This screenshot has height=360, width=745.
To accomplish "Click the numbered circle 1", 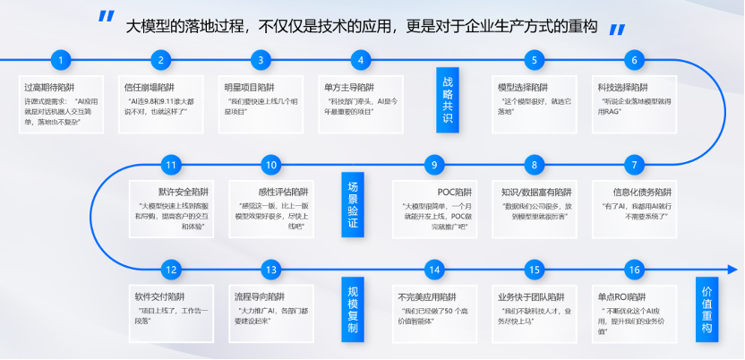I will pyautogui.click(x=61, y=61).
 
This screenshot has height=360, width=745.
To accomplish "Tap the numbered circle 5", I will pyautogui.click(x=535, y=61).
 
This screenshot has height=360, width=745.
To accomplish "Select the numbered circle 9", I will pyautogui.click(x=434, y=165).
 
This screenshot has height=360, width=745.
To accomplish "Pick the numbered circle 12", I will pyautogui.click(x=172, y=270).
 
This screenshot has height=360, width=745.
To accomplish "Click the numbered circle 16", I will pyautogui.click(x=634, y=270).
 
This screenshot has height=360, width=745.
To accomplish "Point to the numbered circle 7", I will pyautogui.click(x=634, y=165).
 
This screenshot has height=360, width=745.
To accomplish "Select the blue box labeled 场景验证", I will pyautogui.click(x=352, y=204).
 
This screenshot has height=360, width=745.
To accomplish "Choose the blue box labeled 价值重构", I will pyautogui.click(x=706, y=307).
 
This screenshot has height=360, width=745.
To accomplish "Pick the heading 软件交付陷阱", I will pyautogui.click(x=158, y=296).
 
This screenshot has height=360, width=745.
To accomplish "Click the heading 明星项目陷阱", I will pyautogui.click(x=248, y=87).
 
